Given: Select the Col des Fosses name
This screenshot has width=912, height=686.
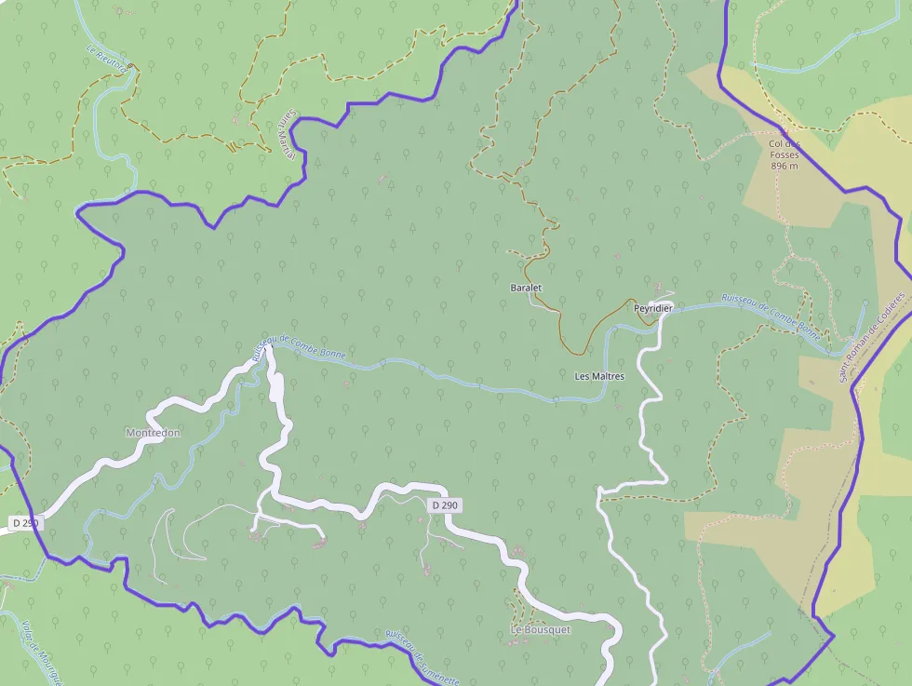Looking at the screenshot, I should tap(785, 149).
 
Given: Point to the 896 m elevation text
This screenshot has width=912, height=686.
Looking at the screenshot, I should tap(785, 166).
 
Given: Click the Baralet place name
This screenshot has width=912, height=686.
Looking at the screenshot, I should tap(526, 288).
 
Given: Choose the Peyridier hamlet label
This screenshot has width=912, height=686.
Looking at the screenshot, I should tap(652, 307).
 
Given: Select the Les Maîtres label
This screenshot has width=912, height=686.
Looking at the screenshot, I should tap(599, 376).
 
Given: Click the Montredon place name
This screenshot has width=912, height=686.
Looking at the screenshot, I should tap(153, 433).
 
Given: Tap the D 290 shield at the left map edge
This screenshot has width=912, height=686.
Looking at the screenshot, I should tap(25, 523).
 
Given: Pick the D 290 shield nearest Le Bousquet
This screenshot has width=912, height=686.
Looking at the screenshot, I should tap(446, 504).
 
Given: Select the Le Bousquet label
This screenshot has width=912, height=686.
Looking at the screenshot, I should tap(540, 629).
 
